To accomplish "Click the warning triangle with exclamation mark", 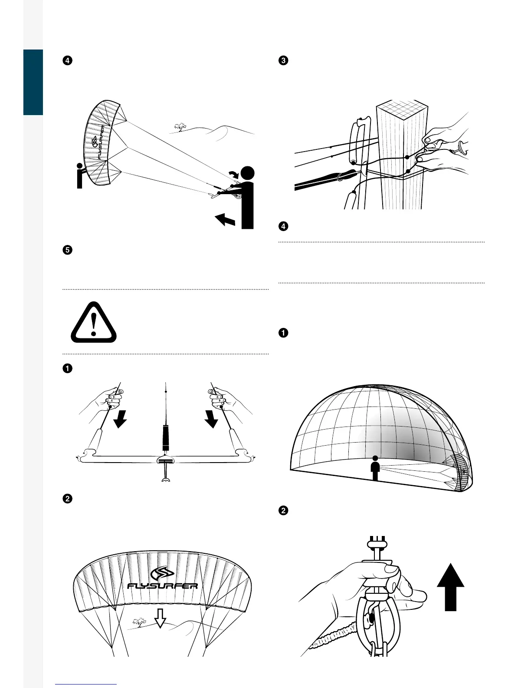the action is [94, 322].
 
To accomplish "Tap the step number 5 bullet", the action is [67, 250].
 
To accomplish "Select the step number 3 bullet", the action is [283, 60].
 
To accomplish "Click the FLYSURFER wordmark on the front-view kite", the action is [163, 586].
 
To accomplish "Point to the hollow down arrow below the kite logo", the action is [161, 617].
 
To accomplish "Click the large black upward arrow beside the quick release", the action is [451, 587].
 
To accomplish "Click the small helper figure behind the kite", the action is [79, 176].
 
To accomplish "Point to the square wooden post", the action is [400, 156].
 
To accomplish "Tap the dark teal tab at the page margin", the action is [33, 82].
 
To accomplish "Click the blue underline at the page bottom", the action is [86, 685].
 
